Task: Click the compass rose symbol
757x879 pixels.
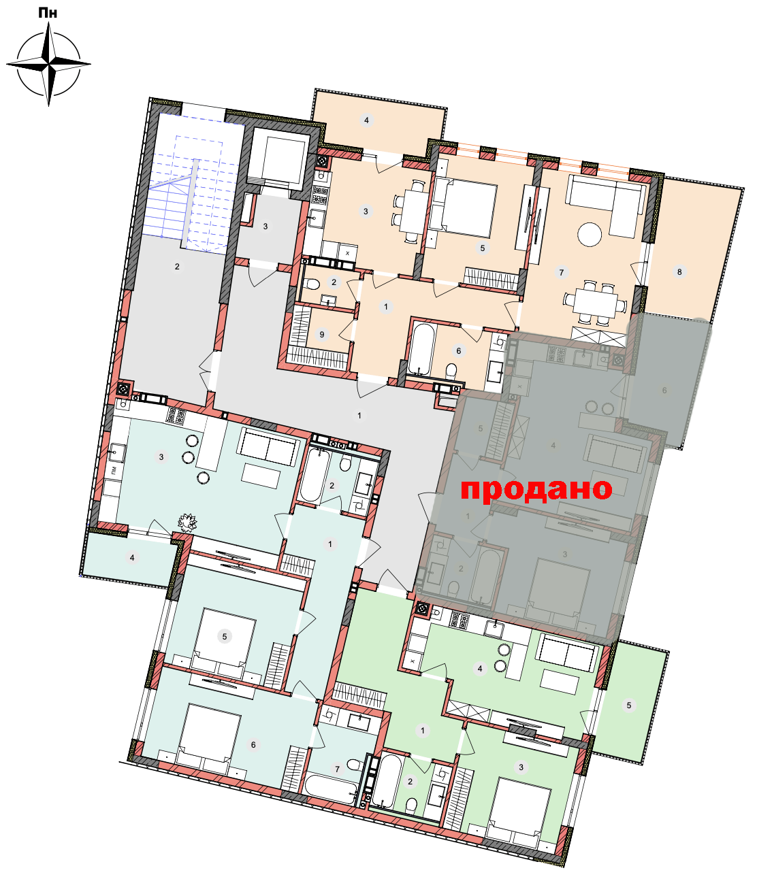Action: click(x=48, y=64)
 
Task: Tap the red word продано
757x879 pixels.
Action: click(x=536, y=489)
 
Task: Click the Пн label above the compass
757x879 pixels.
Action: click(x=48, y=13)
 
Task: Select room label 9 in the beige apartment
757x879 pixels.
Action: click(x=322, y=335)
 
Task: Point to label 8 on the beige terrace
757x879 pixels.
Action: click(x=679, y=271)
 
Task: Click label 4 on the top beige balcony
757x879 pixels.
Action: click(x=366, y=120)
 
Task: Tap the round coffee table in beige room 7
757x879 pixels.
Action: click(x=590, y=234)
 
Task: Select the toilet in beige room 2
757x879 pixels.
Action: click(x=312, y=284)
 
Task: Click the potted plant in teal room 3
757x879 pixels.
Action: click(x=187, y=522)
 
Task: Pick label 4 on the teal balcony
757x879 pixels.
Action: click(x=132, y=557)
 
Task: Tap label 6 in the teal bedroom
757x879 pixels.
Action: click(x=253, y=744)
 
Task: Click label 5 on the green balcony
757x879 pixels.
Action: click(x=629, y=706)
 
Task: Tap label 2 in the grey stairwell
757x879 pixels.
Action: click(x=177, y=267)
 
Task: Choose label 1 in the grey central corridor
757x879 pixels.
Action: click(x=359, y=415)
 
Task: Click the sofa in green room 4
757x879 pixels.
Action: click(x=567, y=653)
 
